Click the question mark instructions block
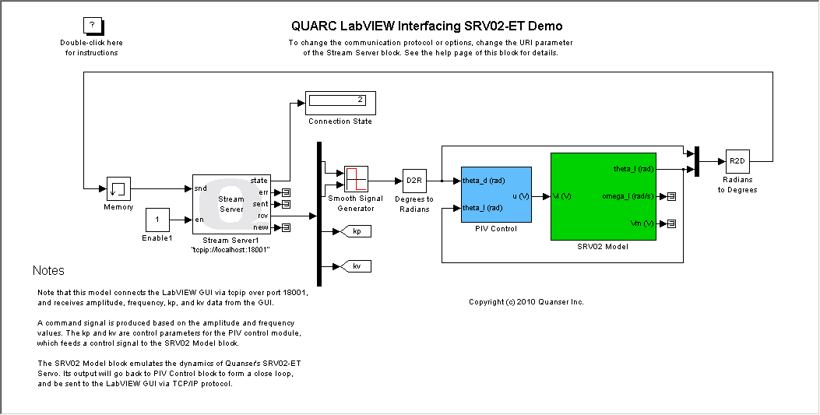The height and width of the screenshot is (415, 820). point(91,25)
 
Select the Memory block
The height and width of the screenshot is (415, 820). point(118,188)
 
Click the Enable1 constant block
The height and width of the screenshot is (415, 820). point(157,220)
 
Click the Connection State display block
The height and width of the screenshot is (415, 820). point(340,102)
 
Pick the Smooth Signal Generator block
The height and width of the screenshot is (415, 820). point(356,179)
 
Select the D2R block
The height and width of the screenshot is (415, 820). point(414,181)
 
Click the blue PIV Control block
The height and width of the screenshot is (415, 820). point(496,195)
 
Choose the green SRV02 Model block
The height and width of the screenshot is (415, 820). point(603,196)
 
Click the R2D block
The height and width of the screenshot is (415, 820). point(737,161)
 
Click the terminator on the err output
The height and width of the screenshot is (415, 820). point(286,192)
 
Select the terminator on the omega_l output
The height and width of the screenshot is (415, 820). point(671,196)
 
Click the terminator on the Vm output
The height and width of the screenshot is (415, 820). point(671,224)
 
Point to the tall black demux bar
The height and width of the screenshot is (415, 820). point(319,214)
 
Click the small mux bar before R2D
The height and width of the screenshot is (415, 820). point(698,161)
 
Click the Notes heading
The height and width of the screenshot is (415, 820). point(48,271)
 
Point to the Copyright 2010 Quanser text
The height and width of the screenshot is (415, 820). point(526,301)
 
